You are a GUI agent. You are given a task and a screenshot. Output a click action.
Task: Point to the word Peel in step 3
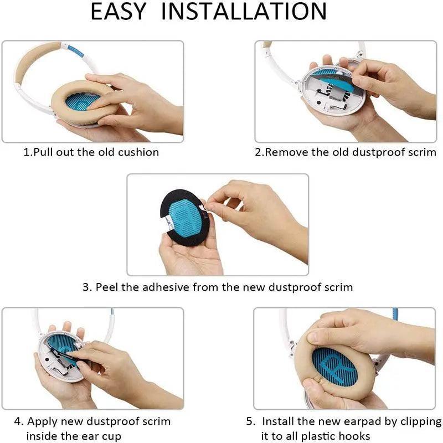click(x=106, y=287)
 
